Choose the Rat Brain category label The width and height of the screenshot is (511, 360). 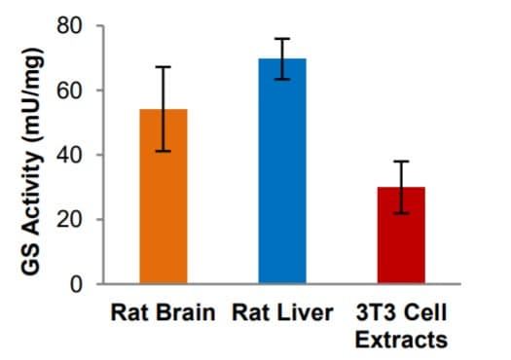point(164,313)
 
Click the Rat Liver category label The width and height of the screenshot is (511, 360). point(282,313)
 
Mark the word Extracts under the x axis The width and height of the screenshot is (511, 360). point(401,340)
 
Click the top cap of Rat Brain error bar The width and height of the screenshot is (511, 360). point(164,67)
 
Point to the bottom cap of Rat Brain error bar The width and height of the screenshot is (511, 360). point(164,151)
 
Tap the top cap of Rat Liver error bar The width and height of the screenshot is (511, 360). point(281,39)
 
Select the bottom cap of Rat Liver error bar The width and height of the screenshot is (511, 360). point(281,79)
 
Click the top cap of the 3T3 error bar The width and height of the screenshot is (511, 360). point(401,162)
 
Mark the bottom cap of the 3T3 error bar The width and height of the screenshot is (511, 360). point(401,212)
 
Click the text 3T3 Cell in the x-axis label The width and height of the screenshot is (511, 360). point(401,313)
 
